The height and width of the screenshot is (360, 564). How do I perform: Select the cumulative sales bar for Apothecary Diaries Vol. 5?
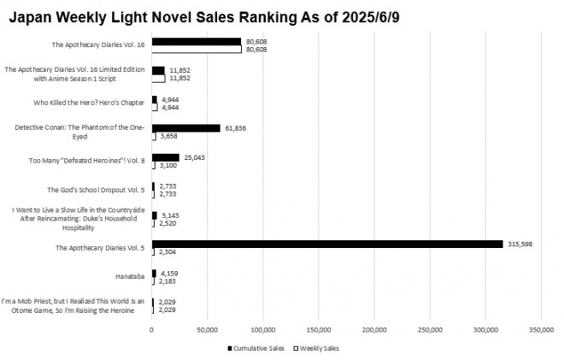(327, 245)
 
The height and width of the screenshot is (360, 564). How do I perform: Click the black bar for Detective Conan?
(186, 127)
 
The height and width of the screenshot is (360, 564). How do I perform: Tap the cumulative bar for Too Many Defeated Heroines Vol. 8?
(166, 156)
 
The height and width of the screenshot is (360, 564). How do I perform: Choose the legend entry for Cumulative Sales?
(256, 348)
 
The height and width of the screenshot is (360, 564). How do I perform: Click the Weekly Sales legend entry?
(319, 348)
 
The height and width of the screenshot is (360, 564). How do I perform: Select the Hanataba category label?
(131, 277)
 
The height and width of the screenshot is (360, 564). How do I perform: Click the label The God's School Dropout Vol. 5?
(97, 190)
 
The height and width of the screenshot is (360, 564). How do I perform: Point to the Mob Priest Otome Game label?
(75, 306)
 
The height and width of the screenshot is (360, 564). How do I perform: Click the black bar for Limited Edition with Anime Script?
(158, 70)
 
